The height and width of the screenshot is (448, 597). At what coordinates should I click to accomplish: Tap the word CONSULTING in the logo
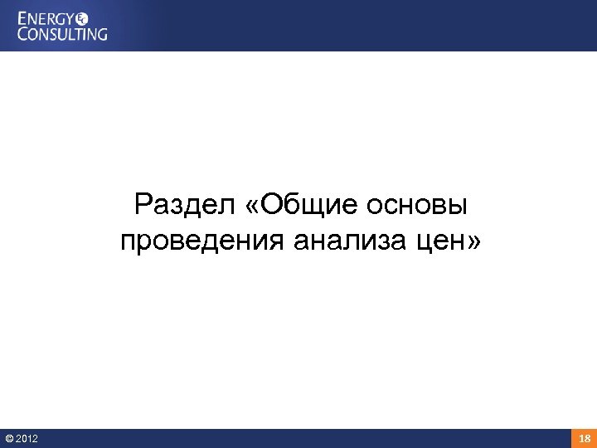point(63,33)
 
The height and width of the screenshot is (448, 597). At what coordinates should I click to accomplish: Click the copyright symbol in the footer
point(8,438)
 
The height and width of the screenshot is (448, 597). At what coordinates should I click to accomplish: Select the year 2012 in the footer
point(26,438)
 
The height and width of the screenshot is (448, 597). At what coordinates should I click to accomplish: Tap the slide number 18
point(584,438)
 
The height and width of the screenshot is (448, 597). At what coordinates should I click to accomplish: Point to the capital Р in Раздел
point(143,203)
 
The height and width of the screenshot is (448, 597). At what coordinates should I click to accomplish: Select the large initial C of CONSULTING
point(25,33)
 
